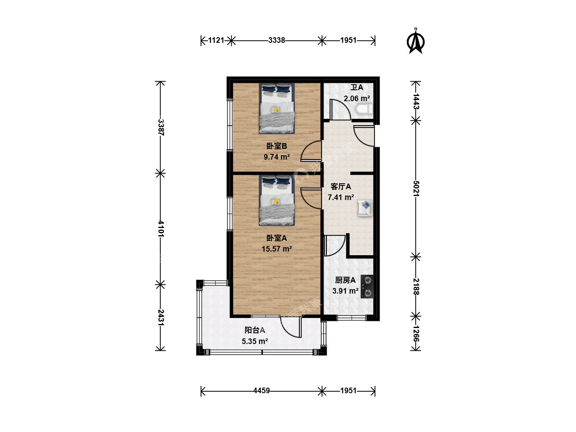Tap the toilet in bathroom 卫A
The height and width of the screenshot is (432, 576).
(364, 109)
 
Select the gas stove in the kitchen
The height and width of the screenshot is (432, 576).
(367, 286)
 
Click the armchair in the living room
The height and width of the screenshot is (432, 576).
(365, 208)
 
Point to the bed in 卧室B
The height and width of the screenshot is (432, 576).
(276, 108)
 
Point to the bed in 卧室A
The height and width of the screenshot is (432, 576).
(276, 201)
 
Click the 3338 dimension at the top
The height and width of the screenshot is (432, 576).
(276, 40)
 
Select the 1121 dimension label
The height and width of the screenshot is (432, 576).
(216, 40)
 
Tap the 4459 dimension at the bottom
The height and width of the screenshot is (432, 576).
(261, 391)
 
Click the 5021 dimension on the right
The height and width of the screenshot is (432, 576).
(416, 188)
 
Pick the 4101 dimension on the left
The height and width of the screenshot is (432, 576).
(161, 228)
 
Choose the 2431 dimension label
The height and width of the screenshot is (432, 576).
(161, 318)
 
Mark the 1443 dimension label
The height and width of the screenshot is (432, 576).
(416, 101)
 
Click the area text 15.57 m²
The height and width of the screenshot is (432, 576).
(276, 249)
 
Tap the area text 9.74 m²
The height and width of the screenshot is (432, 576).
(276, 157)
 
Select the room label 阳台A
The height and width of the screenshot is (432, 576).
(254, 330)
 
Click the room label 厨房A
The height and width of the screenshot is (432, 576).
(345, 280)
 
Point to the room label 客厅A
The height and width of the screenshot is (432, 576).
(341, 186)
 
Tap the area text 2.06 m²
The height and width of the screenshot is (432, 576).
(357, 98)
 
